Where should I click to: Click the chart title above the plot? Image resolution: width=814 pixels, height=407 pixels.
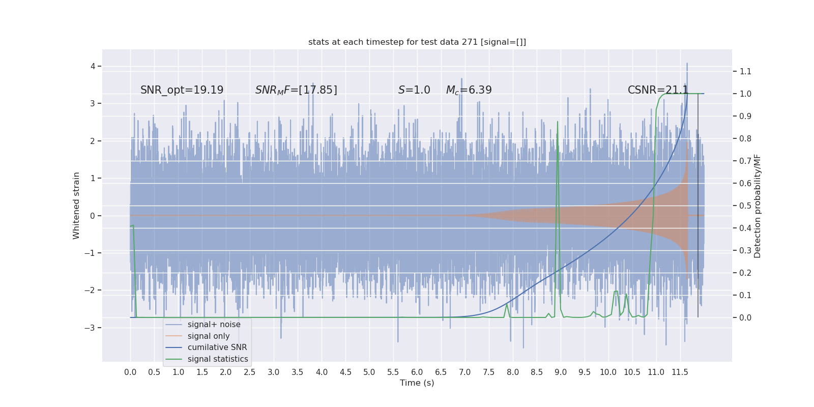[x=417, y=42]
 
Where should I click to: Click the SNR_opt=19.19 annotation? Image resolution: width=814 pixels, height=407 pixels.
[x=182, y=90]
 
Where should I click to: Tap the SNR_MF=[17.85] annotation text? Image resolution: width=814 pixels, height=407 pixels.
[x=296, y=90]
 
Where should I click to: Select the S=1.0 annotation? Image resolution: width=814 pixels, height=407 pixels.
[x=414, y=90]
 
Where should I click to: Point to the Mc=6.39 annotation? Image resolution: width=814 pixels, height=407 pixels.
[x=469, y=90]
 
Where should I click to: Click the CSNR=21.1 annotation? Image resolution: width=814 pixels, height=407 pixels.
[x=658, y=90]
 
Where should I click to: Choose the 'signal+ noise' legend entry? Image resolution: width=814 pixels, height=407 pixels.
[x=214, y=325]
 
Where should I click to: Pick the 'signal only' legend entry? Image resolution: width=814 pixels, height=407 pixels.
[x=209, y=336]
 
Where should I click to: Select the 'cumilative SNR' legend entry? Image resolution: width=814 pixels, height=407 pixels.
[x=217, y=347]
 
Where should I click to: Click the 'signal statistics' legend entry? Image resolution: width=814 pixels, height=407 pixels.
[x=218, y=359]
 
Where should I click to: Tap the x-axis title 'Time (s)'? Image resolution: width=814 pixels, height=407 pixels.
[x=417, y=383]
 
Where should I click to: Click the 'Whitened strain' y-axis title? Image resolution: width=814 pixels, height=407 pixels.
[x=76, y=206]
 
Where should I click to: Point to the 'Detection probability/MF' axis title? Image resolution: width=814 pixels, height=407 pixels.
[x=758, y=206]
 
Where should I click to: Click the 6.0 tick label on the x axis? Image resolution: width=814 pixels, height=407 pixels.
[x=417, y=372]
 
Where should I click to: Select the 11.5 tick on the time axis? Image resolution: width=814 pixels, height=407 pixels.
[x=680, y=372]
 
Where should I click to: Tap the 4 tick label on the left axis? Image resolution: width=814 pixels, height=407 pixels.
[x=93, y=66]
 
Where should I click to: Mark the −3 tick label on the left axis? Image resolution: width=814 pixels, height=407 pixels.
[x=91, y=328]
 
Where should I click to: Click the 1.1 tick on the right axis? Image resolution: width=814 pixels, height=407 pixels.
[x=745, y=71]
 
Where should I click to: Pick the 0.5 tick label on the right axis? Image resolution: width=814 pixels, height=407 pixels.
[x=745, y=206]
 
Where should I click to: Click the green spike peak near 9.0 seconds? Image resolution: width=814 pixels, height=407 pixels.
[x=558, y=122]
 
